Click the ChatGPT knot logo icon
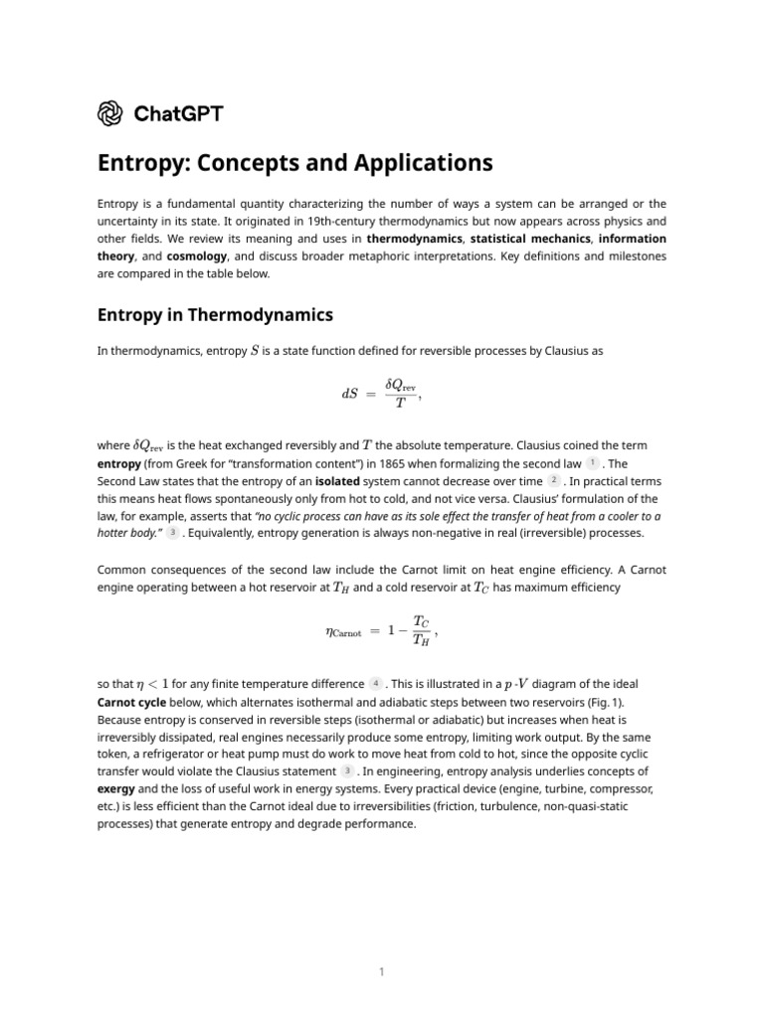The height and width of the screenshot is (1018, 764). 110,113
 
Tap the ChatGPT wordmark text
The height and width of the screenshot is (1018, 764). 178,113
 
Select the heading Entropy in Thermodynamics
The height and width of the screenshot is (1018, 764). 214,315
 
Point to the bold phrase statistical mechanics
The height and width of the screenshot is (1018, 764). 526,239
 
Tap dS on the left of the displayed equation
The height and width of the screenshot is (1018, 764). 349,394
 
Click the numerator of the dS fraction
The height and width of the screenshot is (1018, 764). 401,385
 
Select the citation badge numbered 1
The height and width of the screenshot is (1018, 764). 593,463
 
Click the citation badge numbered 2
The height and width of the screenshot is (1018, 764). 554,480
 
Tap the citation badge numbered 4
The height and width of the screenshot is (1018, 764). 375,683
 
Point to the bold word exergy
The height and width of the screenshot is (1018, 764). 116,788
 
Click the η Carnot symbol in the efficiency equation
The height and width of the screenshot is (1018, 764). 344,631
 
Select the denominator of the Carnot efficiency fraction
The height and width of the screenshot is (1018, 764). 422,640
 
